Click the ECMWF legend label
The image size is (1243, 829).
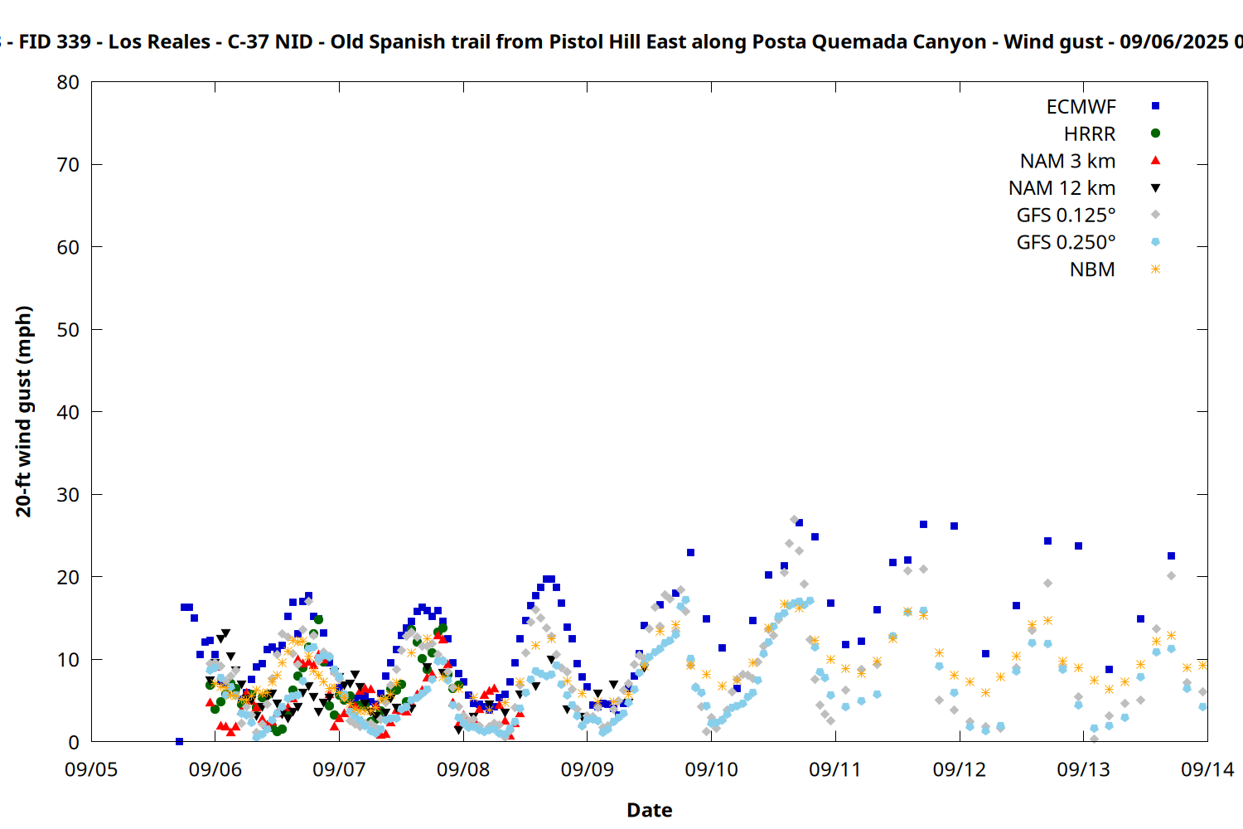1081,107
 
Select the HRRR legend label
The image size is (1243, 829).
1090,133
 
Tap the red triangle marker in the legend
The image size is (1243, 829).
1155,161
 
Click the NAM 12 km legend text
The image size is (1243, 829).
1062,188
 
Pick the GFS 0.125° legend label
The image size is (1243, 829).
1066,215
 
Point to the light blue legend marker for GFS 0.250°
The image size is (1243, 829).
1155,241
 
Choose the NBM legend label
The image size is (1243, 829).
1092,269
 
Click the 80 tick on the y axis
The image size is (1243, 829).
68,82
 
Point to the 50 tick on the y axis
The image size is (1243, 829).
68,330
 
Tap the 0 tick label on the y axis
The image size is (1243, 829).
74,743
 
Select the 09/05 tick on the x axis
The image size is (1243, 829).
91,769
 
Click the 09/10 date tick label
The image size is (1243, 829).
711,769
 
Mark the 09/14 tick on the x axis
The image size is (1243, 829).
1207,769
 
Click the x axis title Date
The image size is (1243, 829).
649,810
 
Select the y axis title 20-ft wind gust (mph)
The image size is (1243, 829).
24,411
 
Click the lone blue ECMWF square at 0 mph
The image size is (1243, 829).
179,741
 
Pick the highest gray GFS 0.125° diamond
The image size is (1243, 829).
794,520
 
